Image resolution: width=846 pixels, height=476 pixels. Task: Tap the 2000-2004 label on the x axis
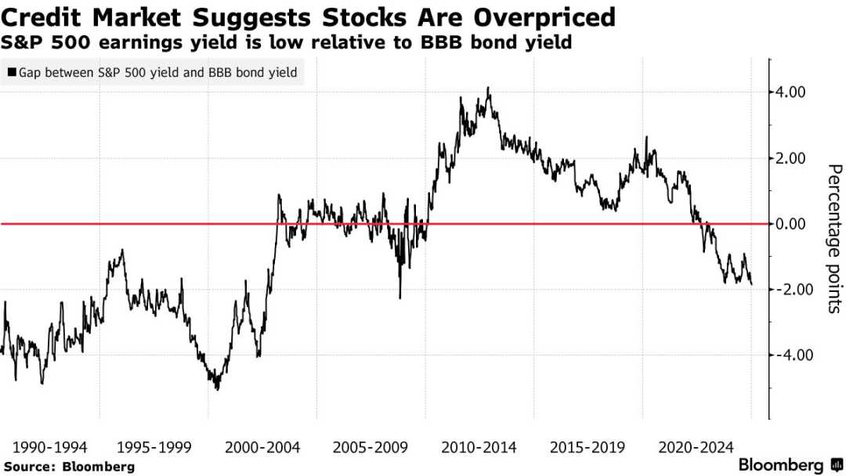tap(263, 448)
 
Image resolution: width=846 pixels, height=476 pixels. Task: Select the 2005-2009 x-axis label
tap(371, 448)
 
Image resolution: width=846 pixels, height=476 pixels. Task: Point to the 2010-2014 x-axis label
tap(479, 448)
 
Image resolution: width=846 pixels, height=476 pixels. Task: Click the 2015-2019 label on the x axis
tap(587, 448)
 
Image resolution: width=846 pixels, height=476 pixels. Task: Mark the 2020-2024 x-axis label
tap(696, 448)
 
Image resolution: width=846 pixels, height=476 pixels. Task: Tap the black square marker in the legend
tap(12, 74)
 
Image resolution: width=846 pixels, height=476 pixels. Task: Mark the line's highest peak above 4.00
tap(489, 88)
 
